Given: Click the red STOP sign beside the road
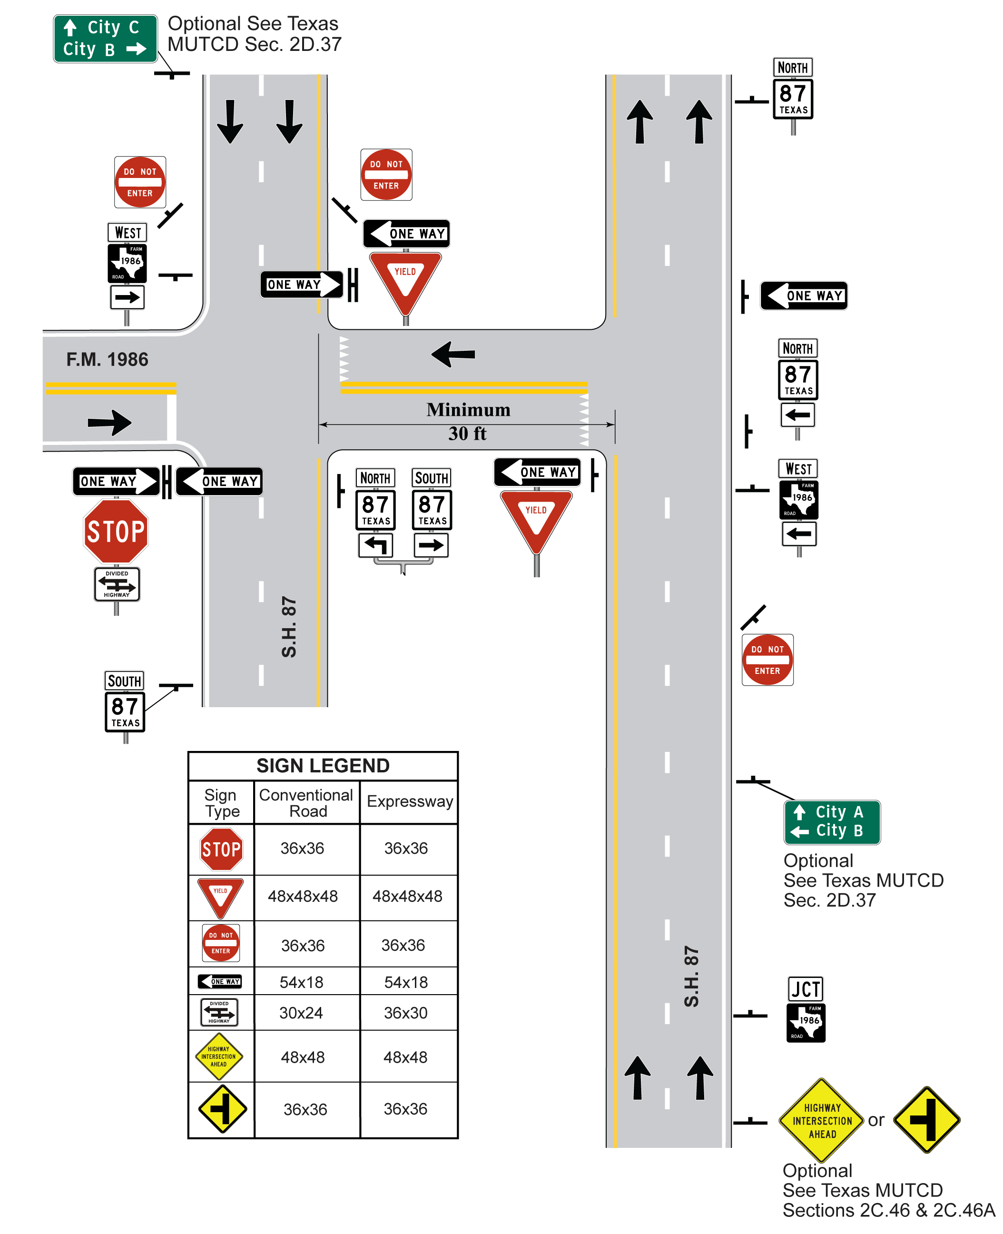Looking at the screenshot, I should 116,531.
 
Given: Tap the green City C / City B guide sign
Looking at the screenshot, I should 105,38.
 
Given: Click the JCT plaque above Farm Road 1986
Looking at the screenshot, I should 805,988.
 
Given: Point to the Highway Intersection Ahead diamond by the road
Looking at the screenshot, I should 822,1120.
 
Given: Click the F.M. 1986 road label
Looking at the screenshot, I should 107,359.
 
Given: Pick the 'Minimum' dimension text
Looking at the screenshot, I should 468,410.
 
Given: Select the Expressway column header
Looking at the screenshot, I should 409,801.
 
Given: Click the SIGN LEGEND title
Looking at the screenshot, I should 323,765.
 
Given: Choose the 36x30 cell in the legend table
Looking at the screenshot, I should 405,1012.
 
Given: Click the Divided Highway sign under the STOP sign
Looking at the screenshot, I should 117,584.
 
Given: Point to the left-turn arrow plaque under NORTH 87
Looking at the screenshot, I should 375,545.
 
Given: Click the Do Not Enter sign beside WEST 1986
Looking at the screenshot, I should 140,182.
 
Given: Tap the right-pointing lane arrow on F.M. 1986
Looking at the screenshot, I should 110,422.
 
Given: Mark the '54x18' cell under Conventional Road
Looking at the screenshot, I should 301,982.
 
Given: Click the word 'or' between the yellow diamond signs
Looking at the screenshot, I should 875,1120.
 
